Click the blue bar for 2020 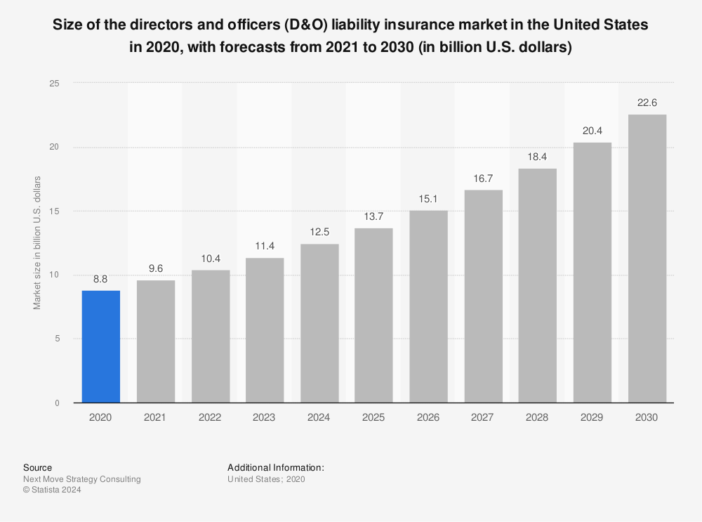[101, 346]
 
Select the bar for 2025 [373, 315]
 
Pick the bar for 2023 [265, 330]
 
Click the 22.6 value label [647, 102]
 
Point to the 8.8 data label [101, 278]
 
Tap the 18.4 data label [537, 155]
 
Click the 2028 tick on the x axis [537, 417]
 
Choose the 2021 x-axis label [155, 417]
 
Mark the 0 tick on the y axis [57, 403]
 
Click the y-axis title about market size [37, 243]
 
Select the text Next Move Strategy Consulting [81, 479]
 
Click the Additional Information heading [275, 467]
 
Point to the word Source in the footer [37, 467]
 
